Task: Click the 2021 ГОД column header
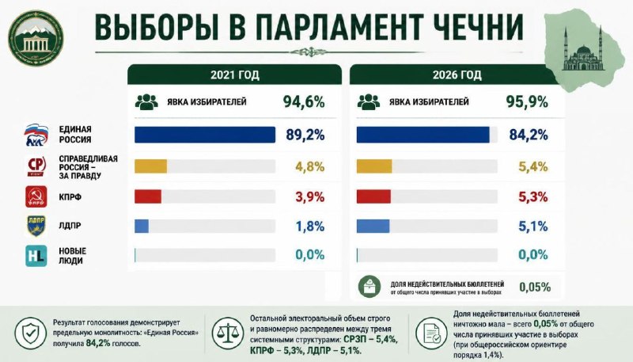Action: [234, 74]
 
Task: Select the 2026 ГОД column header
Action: [457, 74]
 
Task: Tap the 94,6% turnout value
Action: [304, 102]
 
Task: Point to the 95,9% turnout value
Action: [527, 102]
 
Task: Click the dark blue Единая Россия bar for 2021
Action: [205, 135]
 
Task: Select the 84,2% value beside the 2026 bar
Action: [529, 135]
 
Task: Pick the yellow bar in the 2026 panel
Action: [373, 166]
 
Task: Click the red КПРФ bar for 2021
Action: [148, 196]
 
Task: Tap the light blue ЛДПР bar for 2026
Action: [373, 227]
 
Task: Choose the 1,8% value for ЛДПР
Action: [310, 227]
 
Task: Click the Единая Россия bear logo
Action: [36, 135]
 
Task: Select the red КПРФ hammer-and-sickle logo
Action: [36, 196]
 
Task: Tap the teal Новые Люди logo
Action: [36, 256]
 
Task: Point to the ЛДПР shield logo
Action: [36, 226]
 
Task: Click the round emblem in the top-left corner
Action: [36, 38]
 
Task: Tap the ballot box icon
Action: [370, 287]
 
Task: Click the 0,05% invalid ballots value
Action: [535, 288]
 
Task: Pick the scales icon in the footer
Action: [228, 333]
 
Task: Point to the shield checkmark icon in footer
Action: [31, 333]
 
